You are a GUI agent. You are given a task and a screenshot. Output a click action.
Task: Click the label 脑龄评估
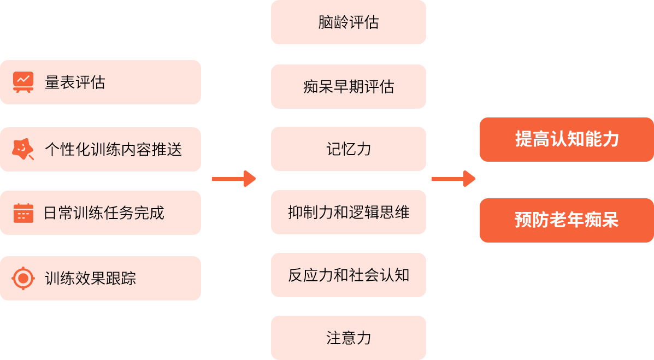click(349, 22)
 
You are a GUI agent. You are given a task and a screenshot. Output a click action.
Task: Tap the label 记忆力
click(349, 149)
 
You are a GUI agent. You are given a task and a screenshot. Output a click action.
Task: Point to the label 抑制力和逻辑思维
click(349, 212)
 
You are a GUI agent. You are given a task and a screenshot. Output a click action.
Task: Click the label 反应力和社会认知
click(349, 275)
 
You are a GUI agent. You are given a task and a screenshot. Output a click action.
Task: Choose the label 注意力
click(349, 338)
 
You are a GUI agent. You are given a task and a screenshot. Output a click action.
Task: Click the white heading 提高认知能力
click(567, 139)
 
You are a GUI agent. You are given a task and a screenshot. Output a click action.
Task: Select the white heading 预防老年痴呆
click(567, 220)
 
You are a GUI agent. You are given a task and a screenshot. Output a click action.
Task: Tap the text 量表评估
click(75, 82)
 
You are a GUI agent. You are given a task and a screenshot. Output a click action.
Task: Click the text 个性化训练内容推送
click(113, 149)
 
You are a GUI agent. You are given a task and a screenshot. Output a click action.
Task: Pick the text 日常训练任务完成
click(104, 213)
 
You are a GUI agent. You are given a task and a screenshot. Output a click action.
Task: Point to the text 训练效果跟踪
click(90, 279)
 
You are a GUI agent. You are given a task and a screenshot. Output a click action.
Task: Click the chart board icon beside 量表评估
click(23, 82)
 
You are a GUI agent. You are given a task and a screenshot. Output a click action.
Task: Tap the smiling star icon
click(22, 149)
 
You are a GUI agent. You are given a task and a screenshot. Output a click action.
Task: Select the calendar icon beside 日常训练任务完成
click(23, 213)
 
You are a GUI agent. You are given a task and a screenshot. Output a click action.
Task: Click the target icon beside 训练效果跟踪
click(23, 279)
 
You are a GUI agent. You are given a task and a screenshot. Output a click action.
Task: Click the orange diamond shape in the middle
click(235, 179)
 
